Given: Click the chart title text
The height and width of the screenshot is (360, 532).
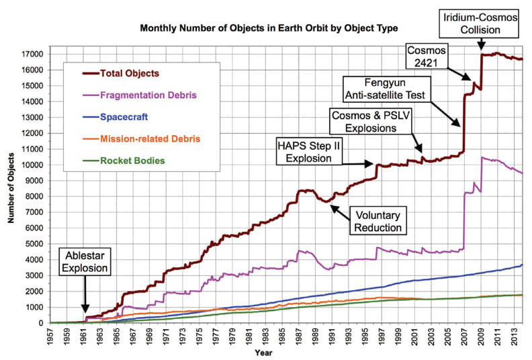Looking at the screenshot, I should [268, 29].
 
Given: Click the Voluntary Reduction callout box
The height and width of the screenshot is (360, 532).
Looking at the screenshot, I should [378, 222].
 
